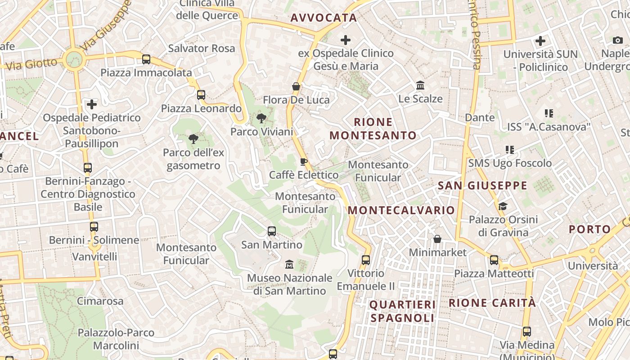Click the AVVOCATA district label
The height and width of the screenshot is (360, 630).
[x=324, y=18]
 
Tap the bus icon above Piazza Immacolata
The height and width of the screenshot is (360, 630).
[x=146, y=59]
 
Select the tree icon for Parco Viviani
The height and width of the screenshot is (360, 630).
[x=261, y=118]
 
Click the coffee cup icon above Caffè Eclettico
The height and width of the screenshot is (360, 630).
[x=304, y=162]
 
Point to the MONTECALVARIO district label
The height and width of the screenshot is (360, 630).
[x=401, y=210]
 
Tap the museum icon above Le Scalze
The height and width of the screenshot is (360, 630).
[x=420, y=85]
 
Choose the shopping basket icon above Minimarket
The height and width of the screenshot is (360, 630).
[x=437, y=239]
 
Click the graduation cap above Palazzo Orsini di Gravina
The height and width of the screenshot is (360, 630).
[x=503, y=206]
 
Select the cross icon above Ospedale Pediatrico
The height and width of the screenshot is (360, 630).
[x=92, y=104]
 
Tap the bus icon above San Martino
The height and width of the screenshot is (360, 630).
[x=272, y=231]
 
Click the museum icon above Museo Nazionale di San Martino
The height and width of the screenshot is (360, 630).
[x=289, y=264]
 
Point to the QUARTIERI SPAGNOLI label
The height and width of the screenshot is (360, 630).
[x=402, y=311]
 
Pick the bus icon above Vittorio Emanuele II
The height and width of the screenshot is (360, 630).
[x=366, y=260]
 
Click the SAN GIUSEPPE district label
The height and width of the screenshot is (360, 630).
[x=482, y=185]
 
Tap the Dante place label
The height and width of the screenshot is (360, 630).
[x=480, y=117]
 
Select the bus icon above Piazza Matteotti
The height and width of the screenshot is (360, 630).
[x=494, y=260]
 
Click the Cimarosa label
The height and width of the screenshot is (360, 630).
[x=100, y=301]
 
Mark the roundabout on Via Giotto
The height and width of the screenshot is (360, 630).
[x=73, y=59]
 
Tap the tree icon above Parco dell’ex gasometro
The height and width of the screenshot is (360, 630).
[x=193, y=139]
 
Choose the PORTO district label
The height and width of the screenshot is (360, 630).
[x=590, y=229]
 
